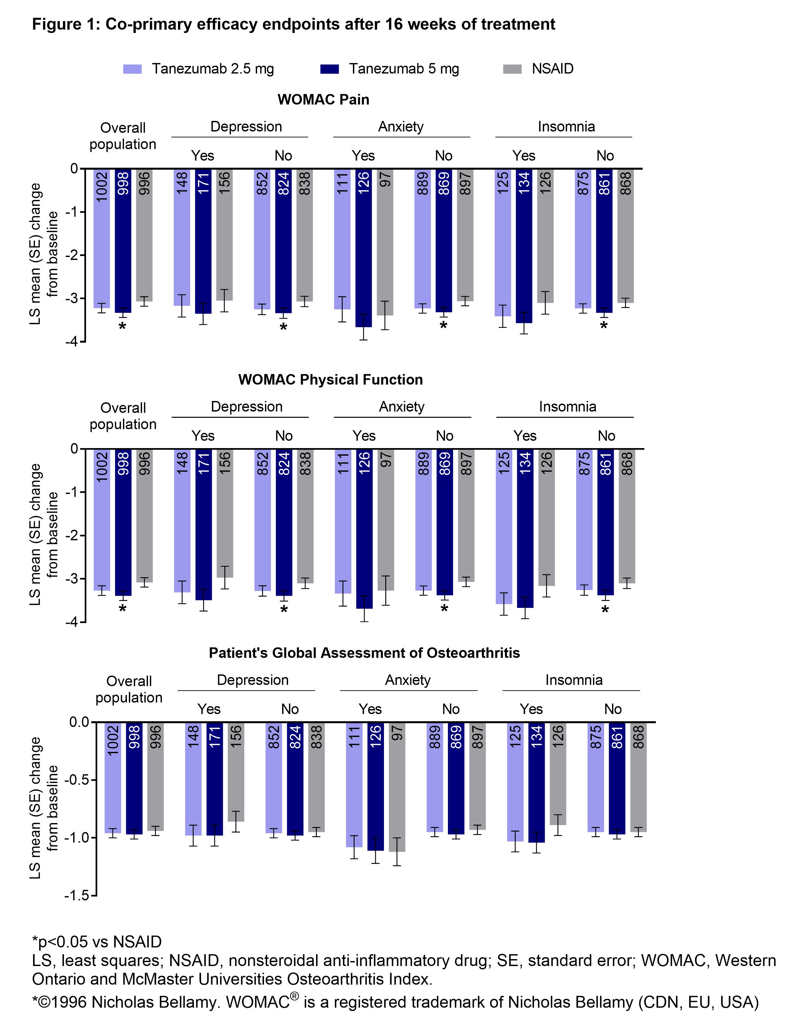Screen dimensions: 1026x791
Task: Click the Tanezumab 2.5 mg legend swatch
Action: click(132, 69)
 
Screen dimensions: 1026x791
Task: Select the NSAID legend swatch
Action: click(512, 69)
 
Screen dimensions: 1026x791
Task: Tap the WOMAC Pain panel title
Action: click(323, 100)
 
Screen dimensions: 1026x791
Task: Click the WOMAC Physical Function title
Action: click(330, 380)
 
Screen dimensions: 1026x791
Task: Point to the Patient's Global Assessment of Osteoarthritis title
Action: click(364, 653)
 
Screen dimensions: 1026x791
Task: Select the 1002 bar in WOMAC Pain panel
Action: click(102, 237)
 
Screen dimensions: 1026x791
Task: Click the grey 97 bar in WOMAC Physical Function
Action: click(385, 519)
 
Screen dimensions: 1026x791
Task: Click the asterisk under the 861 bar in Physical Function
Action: click(605, 610)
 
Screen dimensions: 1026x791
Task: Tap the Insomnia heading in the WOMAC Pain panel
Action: click(566, 127)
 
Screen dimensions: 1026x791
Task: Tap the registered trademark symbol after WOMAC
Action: click(294, 995)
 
